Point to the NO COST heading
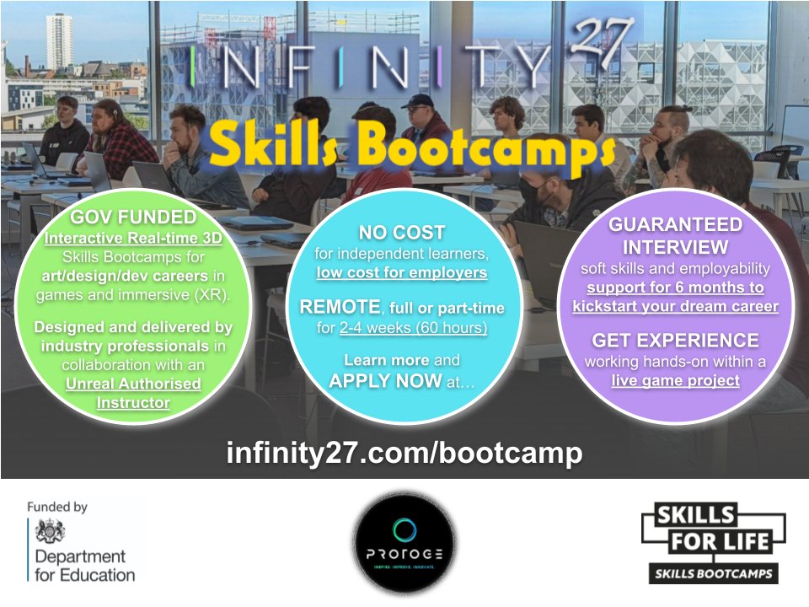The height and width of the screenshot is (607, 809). (402, 232)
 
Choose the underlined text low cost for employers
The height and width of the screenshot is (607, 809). (402, 271)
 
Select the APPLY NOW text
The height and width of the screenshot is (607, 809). (384, 380)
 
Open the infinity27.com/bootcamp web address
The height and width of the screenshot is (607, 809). (404, 453)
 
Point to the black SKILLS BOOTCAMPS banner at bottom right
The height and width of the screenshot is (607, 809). (713, 573)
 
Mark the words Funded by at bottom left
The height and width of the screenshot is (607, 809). (56, 508)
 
